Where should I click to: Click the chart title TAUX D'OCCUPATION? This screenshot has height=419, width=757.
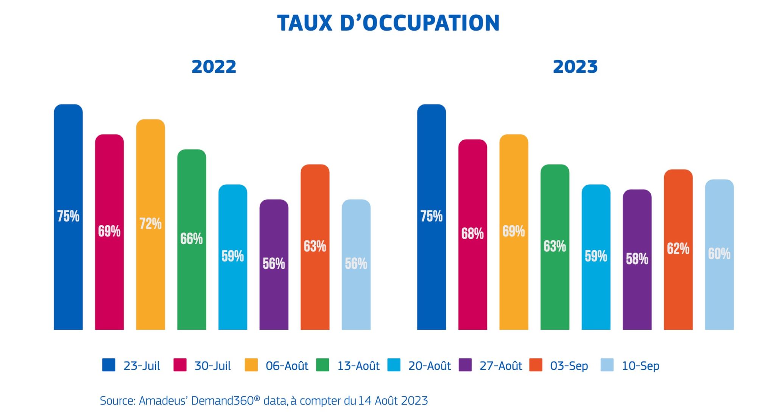click(x=388, y=23)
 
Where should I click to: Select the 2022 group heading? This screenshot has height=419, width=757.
click(x=214, y=67)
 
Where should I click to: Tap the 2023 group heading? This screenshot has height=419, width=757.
click(x=575, y=67)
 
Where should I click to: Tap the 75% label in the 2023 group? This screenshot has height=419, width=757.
click(x=431, y=216)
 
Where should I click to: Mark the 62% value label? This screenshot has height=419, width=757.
click(x=678, y=249)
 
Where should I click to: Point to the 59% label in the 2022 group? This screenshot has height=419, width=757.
click(x=232, y=256)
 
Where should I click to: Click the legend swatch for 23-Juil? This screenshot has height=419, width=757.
click(x=109, y=365)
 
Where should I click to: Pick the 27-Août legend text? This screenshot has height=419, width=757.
click(x=500, y=366)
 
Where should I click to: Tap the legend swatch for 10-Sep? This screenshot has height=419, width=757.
click(x=607, y=365)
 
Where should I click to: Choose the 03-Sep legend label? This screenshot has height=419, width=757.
click(x=569, y=366)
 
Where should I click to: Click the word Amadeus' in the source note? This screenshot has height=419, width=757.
click(x=164, y=400)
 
